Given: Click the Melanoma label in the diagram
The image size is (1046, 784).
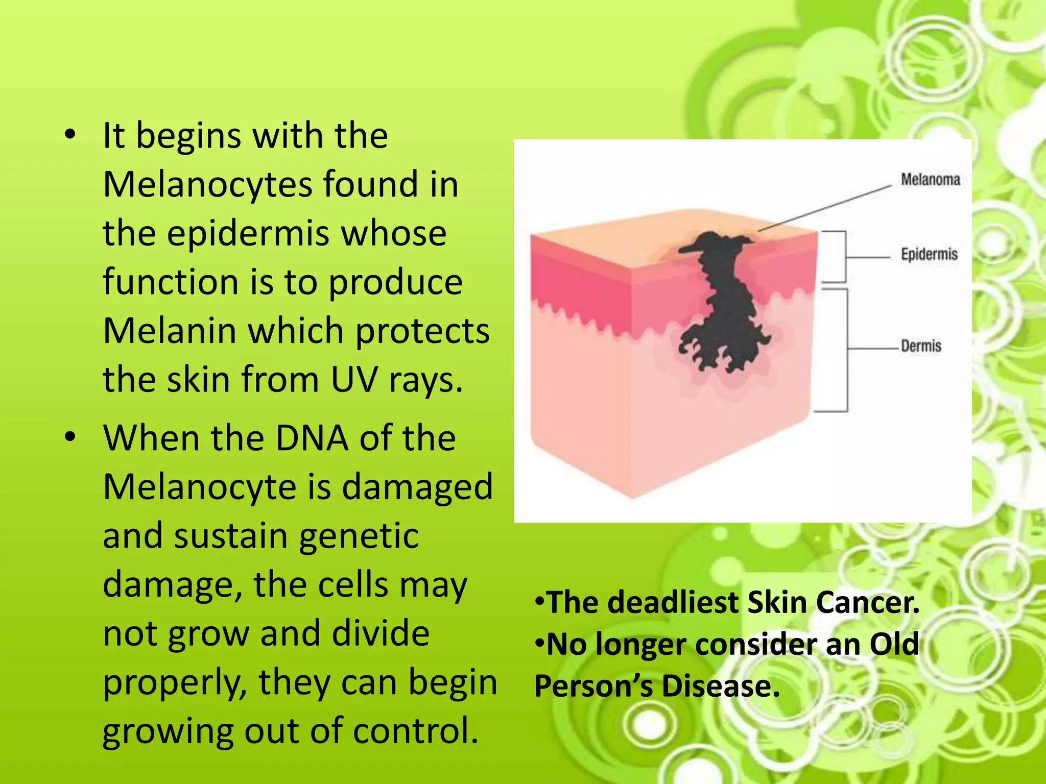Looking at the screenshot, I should point(930,180).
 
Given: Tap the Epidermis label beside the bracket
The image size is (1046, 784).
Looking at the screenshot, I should point(929,254).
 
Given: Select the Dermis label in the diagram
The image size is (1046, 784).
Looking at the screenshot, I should point(920,346).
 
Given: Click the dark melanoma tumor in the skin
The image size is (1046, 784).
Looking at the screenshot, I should point(725,306).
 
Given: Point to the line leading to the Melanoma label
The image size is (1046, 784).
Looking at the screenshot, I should point(827,208).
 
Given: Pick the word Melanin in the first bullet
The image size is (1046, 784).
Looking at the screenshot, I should point(169,331).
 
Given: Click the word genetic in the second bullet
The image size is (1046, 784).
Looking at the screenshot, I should point(359,537).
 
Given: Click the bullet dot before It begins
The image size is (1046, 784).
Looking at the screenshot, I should point(70,136).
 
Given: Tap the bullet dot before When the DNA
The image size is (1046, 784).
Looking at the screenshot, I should point(70,438).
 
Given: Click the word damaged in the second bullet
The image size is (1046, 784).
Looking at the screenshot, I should point(417,487).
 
